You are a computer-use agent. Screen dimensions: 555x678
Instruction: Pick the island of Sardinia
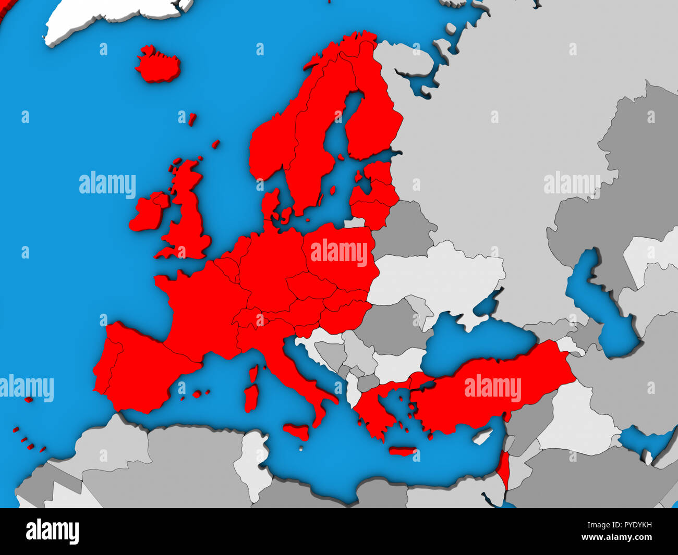click(251, 396)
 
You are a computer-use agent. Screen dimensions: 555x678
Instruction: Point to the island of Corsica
click(253, 374)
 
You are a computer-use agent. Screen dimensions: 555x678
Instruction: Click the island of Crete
click(402, 451)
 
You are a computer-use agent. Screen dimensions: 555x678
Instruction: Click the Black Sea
click(469, 339)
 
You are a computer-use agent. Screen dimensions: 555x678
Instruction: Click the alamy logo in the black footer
click(52, 532)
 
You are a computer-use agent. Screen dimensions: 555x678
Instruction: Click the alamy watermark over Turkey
click(492, 389)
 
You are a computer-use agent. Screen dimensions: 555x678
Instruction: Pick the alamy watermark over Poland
click(339, 253)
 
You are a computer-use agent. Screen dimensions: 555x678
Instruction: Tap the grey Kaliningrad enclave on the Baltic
click(355, 223)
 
